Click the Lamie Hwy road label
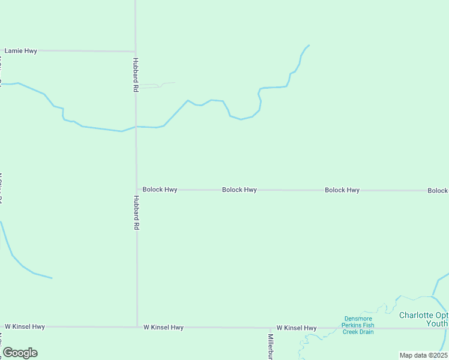tap(21, 51)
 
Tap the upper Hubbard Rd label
tap(136, 74)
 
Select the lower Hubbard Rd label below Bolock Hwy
tap(136, 213)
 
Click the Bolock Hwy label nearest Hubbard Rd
tap(160, 190)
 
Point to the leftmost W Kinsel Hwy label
tap(25, 327)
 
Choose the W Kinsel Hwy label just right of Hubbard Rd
tap(163, 328)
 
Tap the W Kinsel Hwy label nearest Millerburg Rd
tap(297, 328)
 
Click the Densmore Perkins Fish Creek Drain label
tap(358, 325)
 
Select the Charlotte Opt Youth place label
tap(424, 319)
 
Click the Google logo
tap(20, 353)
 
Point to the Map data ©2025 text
tap(423, 355)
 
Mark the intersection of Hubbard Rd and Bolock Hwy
tap(136, 190)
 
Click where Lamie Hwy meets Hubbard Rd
tap(135, 52)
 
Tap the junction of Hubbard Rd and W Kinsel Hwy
tap(137, 327)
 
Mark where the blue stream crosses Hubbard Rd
tap(136, 127)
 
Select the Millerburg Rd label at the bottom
tap(271, 347)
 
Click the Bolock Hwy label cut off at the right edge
tap(438, 191)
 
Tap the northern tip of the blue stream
tap(309, 46)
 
